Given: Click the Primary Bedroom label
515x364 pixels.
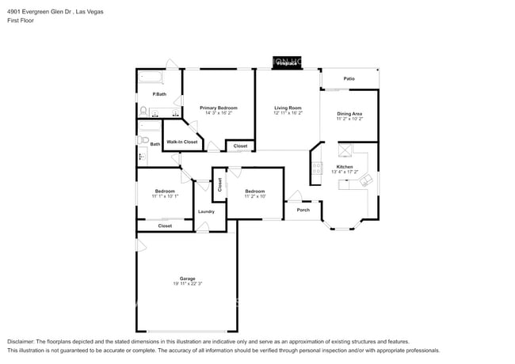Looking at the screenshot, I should click(x=218, y=108).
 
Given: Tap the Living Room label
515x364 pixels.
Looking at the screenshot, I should click(x=288, y=108).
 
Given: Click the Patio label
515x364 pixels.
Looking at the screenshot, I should click(x=349, y=78).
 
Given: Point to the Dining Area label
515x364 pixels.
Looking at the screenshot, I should click(x=349, y=114).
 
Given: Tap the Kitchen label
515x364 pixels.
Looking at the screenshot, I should click(x=345, y=167).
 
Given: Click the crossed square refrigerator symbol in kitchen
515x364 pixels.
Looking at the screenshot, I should click(x=345, y=150).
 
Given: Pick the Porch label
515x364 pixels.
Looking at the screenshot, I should click(x=303, y=210).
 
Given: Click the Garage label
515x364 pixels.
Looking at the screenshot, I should click(x=187, y=279).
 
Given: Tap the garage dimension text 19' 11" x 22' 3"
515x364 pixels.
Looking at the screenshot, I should click(x=187, y=284).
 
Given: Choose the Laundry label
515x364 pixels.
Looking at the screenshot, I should click(x=206, y=211).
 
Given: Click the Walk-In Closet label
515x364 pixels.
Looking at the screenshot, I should click(x=181, y=142).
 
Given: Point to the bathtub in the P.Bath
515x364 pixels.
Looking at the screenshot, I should click(x=150, y=78).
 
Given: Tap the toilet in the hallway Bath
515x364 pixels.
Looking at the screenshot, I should click(x=143, y=141).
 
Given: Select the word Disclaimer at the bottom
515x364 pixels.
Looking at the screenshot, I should click(x=21, y=341).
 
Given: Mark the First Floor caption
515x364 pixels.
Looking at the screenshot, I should click(x=21, y=21).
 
